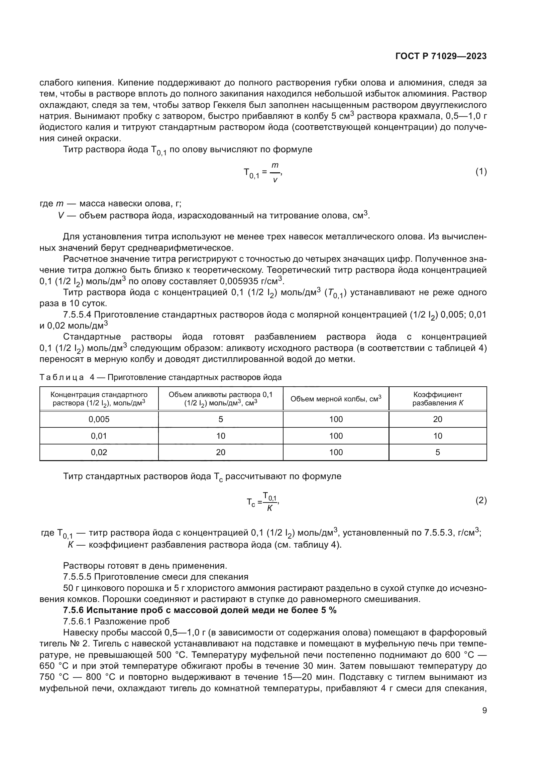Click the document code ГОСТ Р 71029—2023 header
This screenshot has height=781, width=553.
pyautogui.click(x=441, y=56)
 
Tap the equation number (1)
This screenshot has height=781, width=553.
pyautogui.click(x=481, y=172)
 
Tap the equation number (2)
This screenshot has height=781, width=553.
pyautogui.click(x=481, y=501)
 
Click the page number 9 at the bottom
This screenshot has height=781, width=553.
pyautogui.click(x=484, y=710)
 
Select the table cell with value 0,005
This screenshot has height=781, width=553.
pyautogui.click(x=99, y=419)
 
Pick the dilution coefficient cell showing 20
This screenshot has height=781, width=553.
pyautogui.click(x=438, y=419)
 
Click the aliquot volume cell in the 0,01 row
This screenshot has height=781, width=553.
pyautogui.click(x=221, y=436)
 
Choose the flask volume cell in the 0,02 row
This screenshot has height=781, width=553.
pyautogui.click(x=336, y=452)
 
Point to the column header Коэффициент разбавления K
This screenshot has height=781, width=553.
pyautogui.click(x=438, y=399)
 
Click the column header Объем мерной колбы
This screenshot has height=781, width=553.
pyautogui.click(x=336, y=399)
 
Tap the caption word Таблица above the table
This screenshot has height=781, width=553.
pyautogui.click(x=62, y=377)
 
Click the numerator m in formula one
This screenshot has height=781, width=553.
pyautogui.click(x=275, y=165)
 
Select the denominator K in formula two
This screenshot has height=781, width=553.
pyautogui.click(x=270, y=508)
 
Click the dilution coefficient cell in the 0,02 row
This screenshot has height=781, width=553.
pyautogui.click(x=438, y=452)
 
